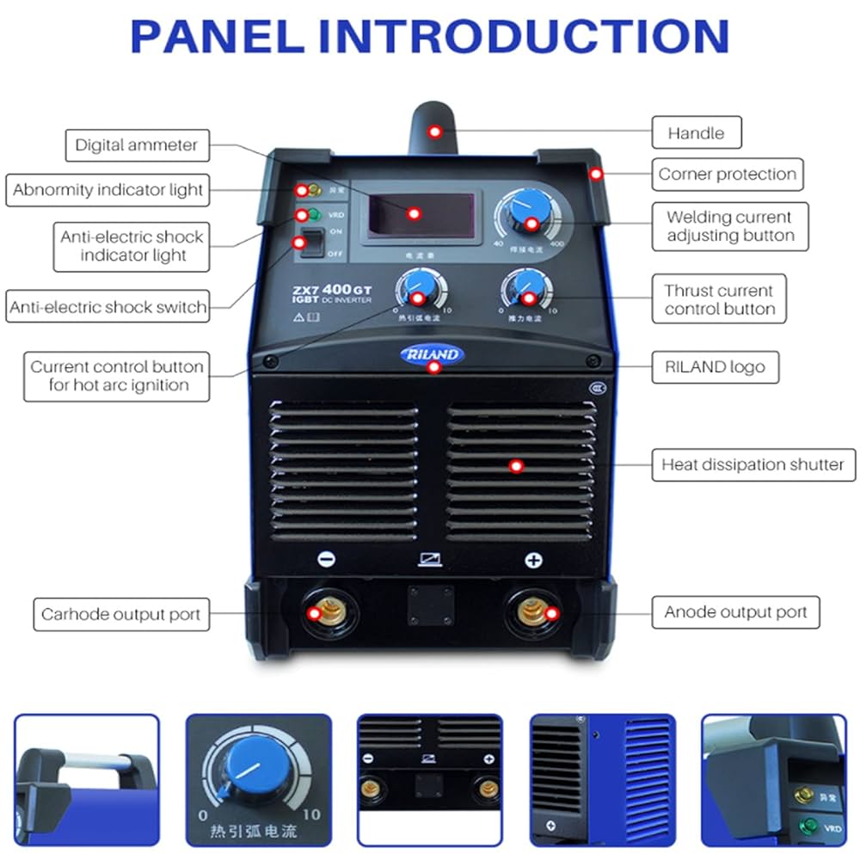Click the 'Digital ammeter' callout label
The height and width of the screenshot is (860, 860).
click(137, 145)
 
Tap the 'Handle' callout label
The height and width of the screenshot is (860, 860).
click(696, 133)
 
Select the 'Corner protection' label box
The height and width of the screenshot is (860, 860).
click(727, 174)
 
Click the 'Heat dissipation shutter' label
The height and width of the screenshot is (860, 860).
click(752, 464)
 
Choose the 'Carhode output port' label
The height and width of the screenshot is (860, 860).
click(120, 615)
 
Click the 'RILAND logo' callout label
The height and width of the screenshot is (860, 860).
click(714, 367)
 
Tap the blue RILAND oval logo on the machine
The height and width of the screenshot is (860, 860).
click(432, 354)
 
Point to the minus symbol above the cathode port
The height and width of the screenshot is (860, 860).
click(327, 560)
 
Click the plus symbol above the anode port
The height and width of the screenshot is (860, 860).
click(534, 560)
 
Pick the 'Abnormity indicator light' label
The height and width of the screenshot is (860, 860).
click(108, 190)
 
